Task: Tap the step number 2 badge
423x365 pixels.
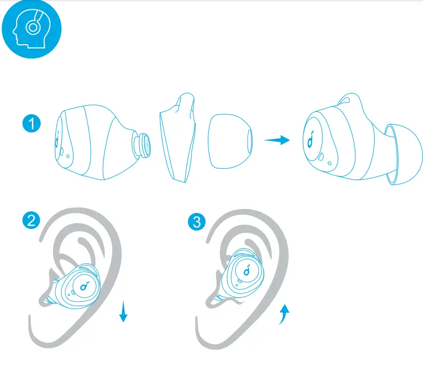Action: click(x=32, y=220)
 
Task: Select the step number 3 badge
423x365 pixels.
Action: click(x=197, y=222)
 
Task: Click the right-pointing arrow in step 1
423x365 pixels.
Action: click(x=277, y=140)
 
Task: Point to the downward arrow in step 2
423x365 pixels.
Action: click(x=124, y=312)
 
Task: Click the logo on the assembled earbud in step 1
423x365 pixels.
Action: click(x=311, y=140)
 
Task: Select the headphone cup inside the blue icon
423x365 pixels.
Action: click(x=32, y=27)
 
